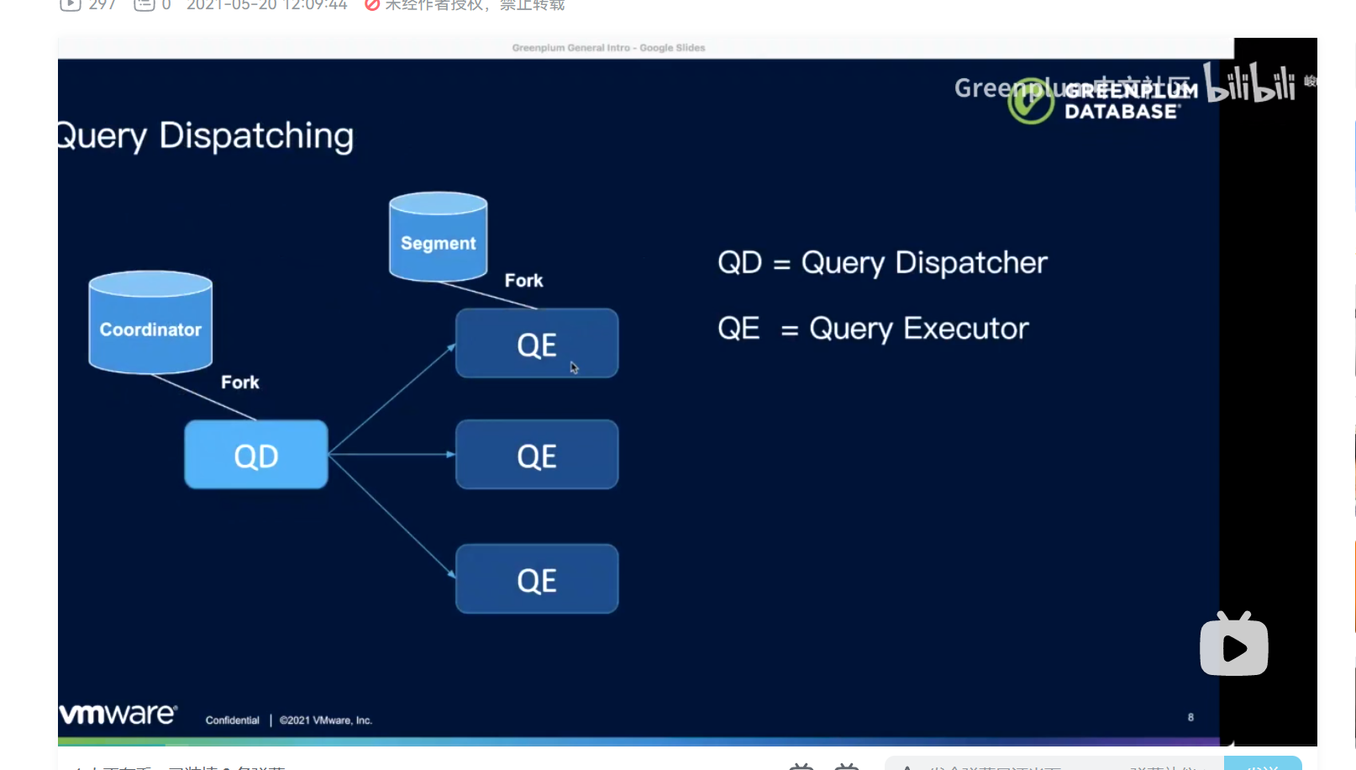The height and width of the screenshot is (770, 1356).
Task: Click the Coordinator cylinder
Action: tap(150, 323)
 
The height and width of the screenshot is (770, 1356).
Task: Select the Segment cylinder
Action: tap(438, 238)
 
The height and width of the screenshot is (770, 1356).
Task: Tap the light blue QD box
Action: tap(256, 455)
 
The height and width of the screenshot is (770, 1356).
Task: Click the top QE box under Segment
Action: tap(537, 343)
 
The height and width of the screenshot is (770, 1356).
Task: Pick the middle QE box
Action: tap(537, 455)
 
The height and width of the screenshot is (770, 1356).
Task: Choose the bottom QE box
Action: tap(537, 579)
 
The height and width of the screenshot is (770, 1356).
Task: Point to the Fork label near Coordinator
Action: tap(240, 382)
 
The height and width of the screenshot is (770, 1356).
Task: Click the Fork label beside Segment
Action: tap(523, 281)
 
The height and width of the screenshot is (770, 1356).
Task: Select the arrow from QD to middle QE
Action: tap(392, 454)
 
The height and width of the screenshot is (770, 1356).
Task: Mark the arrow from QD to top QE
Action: tap(392, 399)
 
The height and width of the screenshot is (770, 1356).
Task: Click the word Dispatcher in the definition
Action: tap(971, 263)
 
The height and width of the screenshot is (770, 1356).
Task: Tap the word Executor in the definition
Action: tap(966, 329)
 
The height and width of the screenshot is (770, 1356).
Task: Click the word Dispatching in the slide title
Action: tap(256, 136)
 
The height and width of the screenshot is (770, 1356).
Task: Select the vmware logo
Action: tap(118, 714)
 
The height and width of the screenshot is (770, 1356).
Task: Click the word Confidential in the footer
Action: tap(233, 720)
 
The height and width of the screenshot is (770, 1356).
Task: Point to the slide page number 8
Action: tap(1190, 717)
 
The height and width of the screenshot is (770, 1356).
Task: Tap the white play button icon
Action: tap(1234, 646)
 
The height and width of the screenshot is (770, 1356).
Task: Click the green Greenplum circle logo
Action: tap(1031, 102)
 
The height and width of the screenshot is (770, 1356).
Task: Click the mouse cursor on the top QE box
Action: tap(574, 367)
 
